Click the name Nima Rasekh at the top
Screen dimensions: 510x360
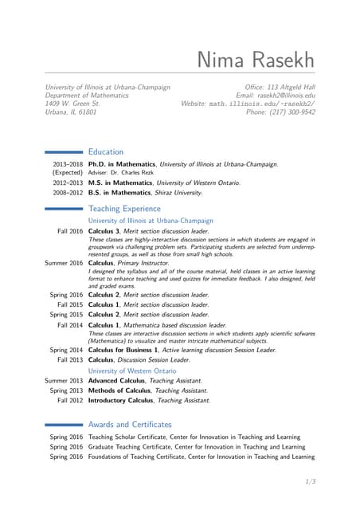pyautogui.click(x=256, y=61)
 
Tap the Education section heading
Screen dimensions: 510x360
pyautogui.click(x=106, y=151)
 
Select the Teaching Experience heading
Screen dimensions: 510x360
pyautogui.click(x=123, y=208)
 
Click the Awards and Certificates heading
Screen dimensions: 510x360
pyautogui.click(x=130, y=425)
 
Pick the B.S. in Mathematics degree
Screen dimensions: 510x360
pyautogui.click(x=120, y=192)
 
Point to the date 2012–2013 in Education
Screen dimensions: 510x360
pyautogui.click(x=68, y=182)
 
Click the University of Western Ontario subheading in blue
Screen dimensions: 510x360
pyautogui.click(x=132, y=371)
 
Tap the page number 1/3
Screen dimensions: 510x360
pyautogui.click(x=311, y=481)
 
